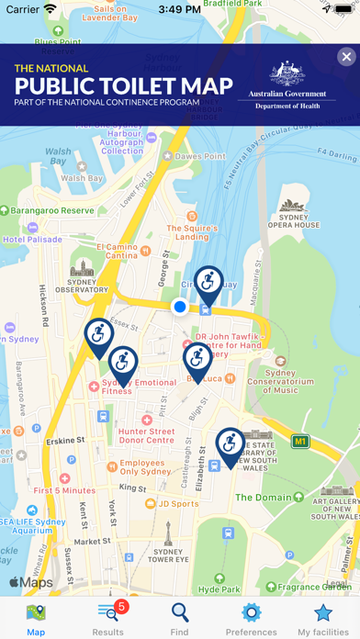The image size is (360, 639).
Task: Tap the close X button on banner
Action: click(345, 58)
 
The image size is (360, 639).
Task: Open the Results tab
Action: click(108, 619)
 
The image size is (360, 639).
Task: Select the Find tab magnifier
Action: click(180, 619)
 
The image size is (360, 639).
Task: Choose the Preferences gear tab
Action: click(251, 619)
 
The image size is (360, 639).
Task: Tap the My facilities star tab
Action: click(323, 619)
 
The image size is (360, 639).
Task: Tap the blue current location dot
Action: click(180, 307)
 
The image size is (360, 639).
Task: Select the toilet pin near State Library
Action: click(231, 444)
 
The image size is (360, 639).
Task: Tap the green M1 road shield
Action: click(299, 442)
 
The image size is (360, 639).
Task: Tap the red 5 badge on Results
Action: click(120, 607)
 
